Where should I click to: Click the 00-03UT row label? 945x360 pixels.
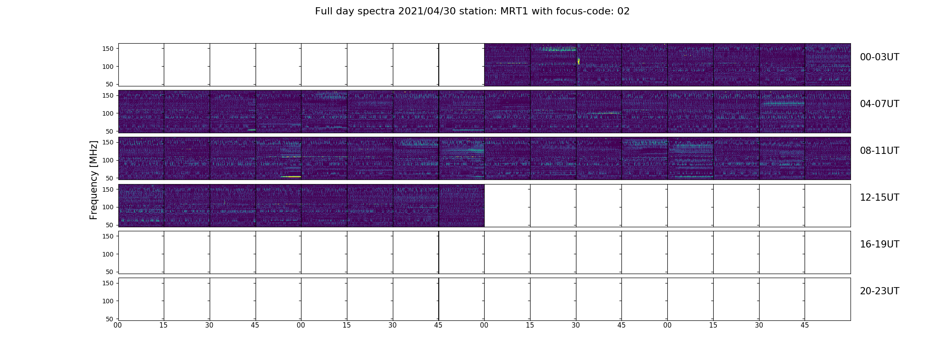[879, 57]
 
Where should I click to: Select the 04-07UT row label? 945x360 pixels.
[879, 104]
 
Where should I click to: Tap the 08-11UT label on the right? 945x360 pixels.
[879, 151]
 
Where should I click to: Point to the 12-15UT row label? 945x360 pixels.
[879, 198]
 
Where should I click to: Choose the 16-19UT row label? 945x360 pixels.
[879, 244]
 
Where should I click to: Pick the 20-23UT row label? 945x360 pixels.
[879, 291]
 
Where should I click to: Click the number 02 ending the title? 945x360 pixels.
[624, 11]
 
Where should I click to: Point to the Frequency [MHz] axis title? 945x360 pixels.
[94, 180]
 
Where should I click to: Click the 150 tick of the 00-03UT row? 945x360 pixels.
[108, 49]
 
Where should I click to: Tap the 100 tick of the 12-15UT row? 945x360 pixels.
[108, 207]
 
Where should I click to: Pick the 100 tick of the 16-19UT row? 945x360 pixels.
[108, 254]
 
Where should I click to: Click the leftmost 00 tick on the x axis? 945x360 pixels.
[118, 325]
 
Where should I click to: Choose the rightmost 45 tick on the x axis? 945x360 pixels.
[805, 325]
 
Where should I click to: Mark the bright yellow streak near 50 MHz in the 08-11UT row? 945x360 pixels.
[291, 176]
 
